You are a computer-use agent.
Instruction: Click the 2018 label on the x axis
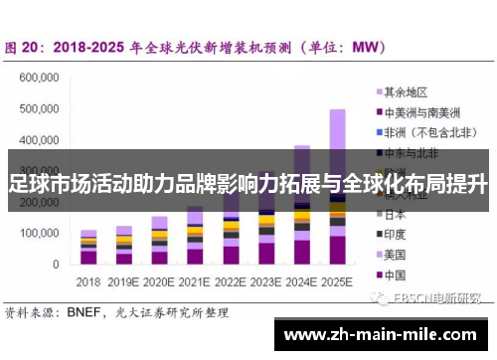click(x=88, y=281)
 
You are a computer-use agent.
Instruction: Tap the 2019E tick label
click(x=123, y=281)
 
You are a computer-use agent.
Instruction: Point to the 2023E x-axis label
click(x=265, y=281)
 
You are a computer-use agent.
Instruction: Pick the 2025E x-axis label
click(x=337, y=281)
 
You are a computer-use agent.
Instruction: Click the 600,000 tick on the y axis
click(x=41, y=77)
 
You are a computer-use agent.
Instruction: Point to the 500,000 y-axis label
click(x=41, y=108)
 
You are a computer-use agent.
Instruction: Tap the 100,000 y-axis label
click(x=41, y=233)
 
